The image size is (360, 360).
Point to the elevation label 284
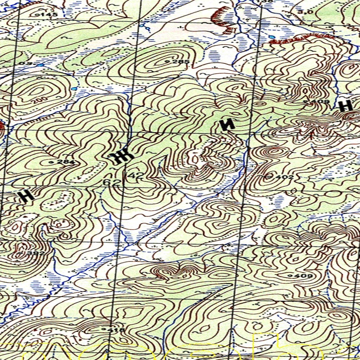67,162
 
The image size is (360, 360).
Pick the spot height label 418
117,330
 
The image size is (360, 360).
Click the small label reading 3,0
305,12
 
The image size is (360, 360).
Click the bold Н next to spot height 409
346,105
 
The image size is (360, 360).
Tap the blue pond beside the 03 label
41,65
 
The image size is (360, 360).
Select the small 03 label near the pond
30,63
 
